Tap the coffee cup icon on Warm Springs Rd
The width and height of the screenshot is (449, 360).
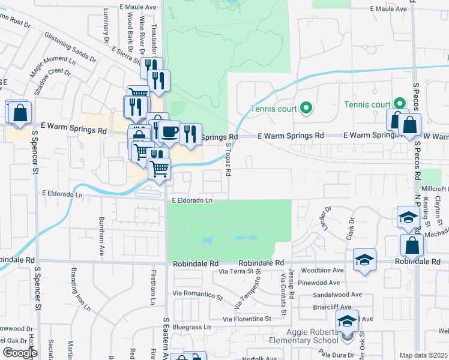[169, 131]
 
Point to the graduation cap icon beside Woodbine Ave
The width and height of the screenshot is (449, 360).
[364, 260]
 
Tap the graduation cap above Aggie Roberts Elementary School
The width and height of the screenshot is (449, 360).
[347, 322]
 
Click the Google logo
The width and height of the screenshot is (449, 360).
[19, 353]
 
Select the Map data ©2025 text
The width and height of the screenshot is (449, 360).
[424, 355]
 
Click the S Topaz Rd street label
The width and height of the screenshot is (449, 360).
[228, 159]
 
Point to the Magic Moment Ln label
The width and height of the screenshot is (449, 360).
[54, 67]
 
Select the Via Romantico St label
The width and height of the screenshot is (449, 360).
[197, 295]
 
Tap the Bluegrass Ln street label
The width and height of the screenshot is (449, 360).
[191, 327]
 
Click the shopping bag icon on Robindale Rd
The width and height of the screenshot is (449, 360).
[412, 245]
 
